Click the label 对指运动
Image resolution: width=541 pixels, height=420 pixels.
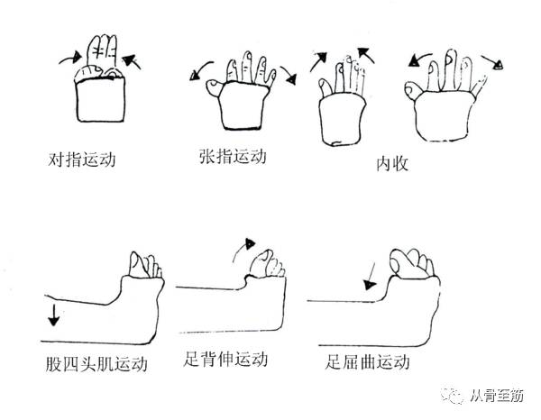coord(82,160)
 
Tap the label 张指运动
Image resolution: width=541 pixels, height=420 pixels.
coord(233,156)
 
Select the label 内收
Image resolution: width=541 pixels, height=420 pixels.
coord(392,163)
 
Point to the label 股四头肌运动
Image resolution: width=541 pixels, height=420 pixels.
coord(96,364)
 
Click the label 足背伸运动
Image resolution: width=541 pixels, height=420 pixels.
coord(225,359)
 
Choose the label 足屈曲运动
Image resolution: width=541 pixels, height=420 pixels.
coord(367,362)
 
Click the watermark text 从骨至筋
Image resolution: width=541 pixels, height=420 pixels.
coord(497,396)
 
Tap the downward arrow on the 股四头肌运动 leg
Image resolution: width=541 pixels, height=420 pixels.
coord(53,315)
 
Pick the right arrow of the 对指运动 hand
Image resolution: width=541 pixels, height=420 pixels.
coord(132,61)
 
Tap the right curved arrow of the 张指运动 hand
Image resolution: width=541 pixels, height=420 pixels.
coord(289,75)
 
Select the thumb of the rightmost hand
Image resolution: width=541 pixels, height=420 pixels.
coord(414,91)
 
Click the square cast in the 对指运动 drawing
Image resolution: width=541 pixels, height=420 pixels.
coord(100,100)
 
